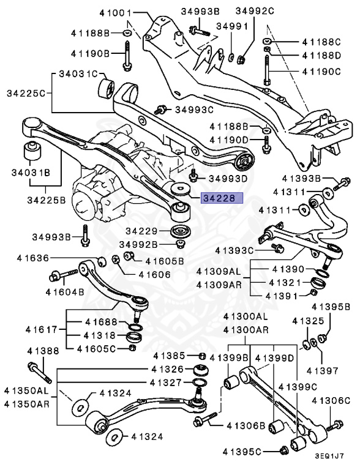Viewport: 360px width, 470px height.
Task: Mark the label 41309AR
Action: [219, 285]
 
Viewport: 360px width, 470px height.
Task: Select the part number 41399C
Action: [298, 387]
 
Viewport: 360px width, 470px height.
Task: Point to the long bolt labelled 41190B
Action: [127, 55]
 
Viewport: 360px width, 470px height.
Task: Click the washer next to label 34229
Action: [179, 232]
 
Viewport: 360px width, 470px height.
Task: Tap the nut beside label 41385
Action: [201, 356]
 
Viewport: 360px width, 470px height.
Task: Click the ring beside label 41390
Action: [318, 270]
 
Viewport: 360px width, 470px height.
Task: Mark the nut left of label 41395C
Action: [283, 451]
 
